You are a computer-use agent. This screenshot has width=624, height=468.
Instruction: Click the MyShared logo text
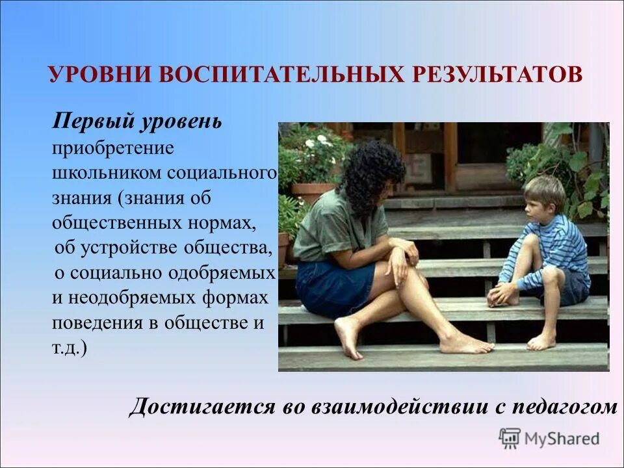coord(562,439)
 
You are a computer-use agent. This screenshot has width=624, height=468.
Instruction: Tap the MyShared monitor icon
coord(510,439)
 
